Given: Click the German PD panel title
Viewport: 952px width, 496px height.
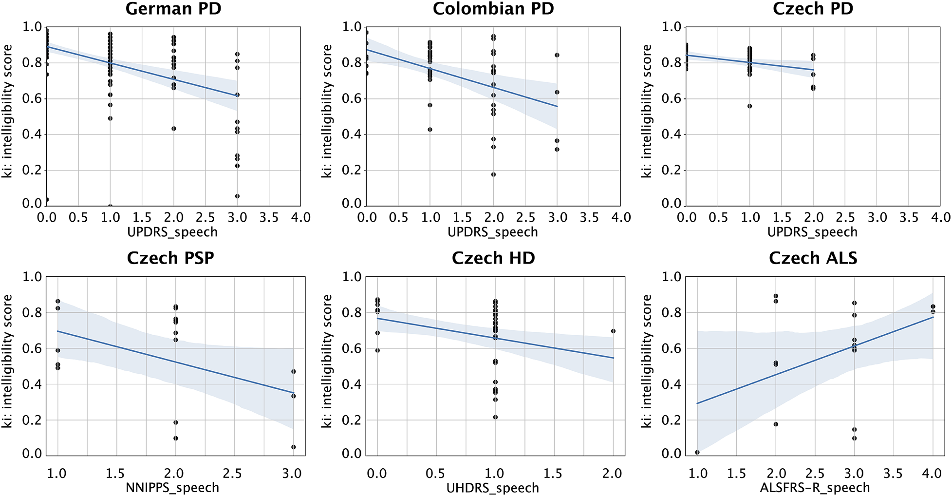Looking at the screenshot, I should tap(173, 9).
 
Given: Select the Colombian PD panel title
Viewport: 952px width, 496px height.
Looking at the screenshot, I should tap(493, 9).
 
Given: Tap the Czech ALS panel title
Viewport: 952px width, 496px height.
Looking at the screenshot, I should tap(813, 258).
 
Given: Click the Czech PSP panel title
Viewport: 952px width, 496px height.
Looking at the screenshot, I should tap(170, 258).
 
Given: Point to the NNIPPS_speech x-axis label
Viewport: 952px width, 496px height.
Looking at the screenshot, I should tap(172, 487).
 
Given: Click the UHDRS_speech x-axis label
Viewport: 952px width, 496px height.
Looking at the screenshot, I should tap(493, 487).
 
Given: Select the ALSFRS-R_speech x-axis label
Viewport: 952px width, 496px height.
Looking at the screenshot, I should tap(815, 487).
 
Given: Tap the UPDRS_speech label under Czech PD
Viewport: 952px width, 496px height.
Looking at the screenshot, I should tap(812, 232).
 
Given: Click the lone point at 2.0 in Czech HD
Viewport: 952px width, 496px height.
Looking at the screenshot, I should tap(613, 331).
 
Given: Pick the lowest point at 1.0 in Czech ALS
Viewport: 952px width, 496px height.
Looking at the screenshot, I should tap(697, 452).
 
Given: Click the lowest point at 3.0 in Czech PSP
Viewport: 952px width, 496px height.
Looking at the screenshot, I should tap(293, 447).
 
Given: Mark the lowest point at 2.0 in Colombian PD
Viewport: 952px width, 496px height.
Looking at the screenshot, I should tap(493, 174).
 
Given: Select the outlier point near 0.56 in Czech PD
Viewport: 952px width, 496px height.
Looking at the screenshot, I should tap(750, 106).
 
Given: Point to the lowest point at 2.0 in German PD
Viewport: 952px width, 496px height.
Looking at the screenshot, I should tap(174, 129).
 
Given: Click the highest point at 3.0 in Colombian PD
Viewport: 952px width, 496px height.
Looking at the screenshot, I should tap(557, 55).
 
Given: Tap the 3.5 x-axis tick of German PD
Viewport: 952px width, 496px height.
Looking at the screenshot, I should tap(269, 217).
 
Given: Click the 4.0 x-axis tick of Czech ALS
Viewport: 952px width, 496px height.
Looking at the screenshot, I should tap(932, 473).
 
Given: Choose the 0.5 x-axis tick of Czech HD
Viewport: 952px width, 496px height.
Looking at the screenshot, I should tap(435, 473).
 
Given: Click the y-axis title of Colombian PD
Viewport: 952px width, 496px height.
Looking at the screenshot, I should tap(327, 111).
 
